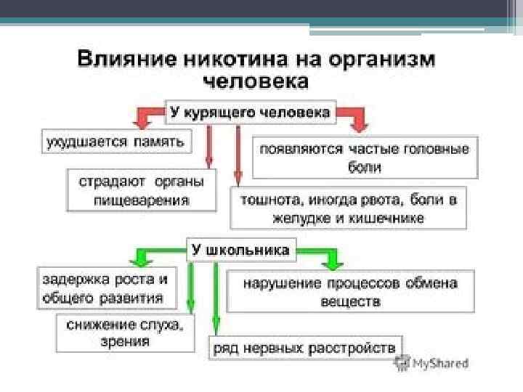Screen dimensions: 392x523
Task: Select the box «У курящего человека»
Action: pyautogui.click(x=251, y=113)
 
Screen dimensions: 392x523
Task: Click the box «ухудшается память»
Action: pyautogui.click(x=115, y=140)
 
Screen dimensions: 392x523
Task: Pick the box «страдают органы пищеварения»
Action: pyautogui.click(x=142, y=190)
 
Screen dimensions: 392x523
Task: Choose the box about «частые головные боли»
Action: pyautogui.click(x=365, y=157)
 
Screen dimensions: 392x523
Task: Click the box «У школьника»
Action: pyautogui.click(x=240, y=250)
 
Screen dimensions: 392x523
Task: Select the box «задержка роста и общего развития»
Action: pyautogui.click(x=106, y=287)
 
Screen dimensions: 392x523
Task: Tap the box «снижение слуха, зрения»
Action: pyautogui.click(x=125, y=333)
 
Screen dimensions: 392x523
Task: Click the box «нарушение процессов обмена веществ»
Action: pyautogui.click(x=350, y=292)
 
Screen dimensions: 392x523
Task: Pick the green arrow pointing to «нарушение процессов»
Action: pyautogui.click(x=323, y=256)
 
